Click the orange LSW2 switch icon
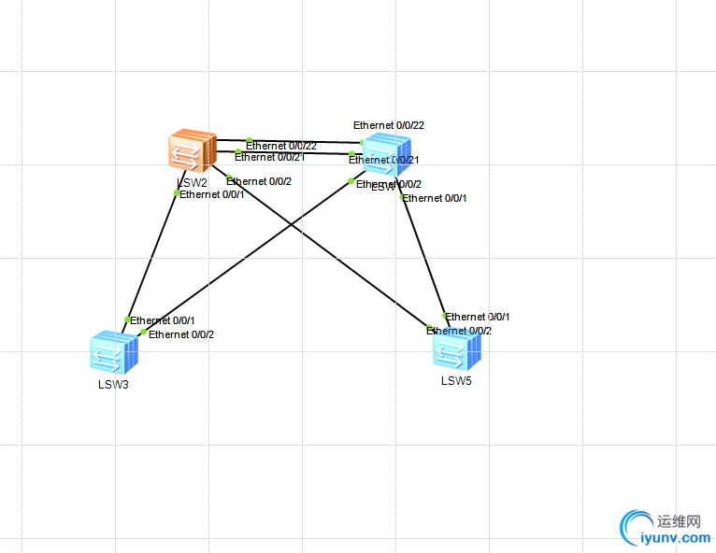pyautogui.click(x=193, y=151)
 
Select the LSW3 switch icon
pyautogui.click(x=114, y=353)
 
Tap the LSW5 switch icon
pyautogui.click(x=457, y=350)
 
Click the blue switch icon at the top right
pyautogui.click(x=386, y=152)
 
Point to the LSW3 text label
pyautogui.click(x=113, y=384)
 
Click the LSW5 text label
pyautogui.click(x=457, y=380)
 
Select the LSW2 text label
pyautogui.click(x=192, y=182)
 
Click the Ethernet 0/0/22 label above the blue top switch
pyautogui.click(x=389, y=125)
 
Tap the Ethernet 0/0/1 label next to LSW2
pyautogui.click(x=212, y=194)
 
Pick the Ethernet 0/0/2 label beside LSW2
pyautogui.click(x=259, y=181)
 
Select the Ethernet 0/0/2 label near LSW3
pyautogui.click(x=181, y=334)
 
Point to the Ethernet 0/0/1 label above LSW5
pyautogui.click(x=478, y=317)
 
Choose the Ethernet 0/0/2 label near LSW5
pyautogui.click(x=459, y=331)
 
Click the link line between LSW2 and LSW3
pyautogui.click(x=151, y=257)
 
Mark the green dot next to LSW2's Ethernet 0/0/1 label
pyautogui.click(x=177, y=193)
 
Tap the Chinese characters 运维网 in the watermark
pyautogui.click(x=679, y=521)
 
